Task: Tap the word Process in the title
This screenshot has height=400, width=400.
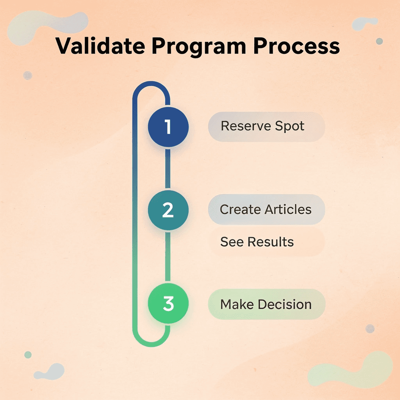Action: pyautogui.click(x=296, y=46)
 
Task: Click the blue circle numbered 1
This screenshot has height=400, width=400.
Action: pyautogui.click(x=168, y=127)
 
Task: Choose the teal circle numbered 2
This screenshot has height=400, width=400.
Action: pyautogui.click(x=168, y=210)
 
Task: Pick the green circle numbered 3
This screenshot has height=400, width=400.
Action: pyautogui.click(x=168, y=304)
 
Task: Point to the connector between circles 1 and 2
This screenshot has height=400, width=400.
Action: pyautogui.click(x=168, y=168)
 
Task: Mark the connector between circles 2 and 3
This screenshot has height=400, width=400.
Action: pyautogui.click(x=168, y=257)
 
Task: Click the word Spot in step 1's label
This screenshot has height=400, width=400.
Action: pyautogui.click(x=289, y=127)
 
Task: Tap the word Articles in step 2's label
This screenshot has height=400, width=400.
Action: pyautogui.click(x=289, y=210)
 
